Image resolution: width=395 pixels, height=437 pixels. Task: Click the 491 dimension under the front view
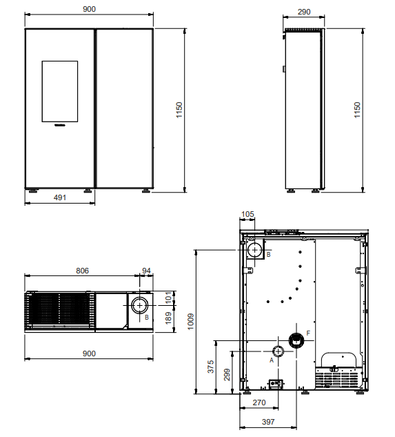coord(60,197)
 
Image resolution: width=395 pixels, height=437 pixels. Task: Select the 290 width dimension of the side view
coord(304,12)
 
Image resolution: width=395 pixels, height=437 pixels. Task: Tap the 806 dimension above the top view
coord(83,271)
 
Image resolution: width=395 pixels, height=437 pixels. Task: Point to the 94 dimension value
coord(146,271)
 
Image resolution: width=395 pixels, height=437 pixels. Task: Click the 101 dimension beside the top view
coord(168,298)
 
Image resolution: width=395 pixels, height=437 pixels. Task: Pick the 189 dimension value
coord(168,318)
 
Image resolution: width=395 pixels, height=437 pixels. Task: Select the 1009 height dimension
coord(191,322)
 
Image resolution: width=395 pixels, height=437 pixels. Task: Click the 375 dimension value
coord(211,367)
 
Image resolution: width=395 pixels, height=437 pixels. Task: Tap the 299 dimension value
coord(227,374)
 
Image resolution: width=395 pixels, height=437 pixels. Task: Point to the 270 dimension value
coord(259,402)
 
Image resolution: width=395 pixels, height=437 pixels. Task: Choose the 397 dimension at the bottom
coord(268,422)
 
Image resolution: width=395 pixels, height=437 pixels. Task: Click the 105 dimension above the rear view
coord(247,214)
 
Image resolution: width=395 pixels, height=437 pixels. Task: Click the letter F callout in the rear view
coord(308,333)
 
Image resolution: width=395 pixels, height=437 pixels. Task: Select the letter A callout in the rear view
coord(272,360)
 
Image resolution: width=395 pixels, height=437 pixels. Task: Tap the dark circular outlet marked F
coord(296,340)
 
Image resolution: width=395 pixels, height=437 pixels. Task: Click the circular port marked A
coord(278,351)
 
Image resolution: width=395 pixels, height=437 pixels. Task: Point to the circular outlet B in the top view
coord(139,306)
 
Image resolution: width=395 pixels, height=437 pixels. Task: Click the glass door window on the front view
coord(60,91)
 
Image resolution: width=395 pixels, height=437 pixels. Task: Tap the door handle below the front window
coord(60,125)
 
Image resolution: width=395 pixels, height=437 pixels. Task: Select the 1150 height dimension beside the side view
coord(357,110)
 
